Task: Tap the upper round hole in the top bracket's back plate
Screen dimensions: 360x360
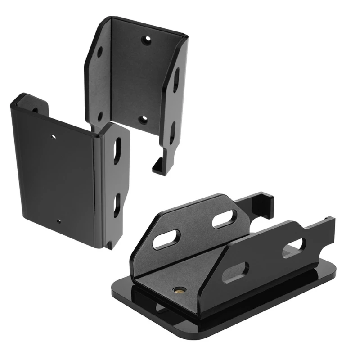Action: point(145,40)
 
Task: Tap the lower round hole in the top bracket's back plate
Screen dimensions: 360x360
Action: point(142,120)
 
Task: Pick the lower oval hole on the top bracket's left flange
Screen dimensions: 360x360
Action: point(100,117)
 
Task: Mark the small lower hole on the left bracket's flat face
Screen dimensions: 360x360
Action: point(59,221)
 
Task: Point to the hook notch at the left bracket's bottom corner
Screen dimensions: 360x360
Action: point(109,244)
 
